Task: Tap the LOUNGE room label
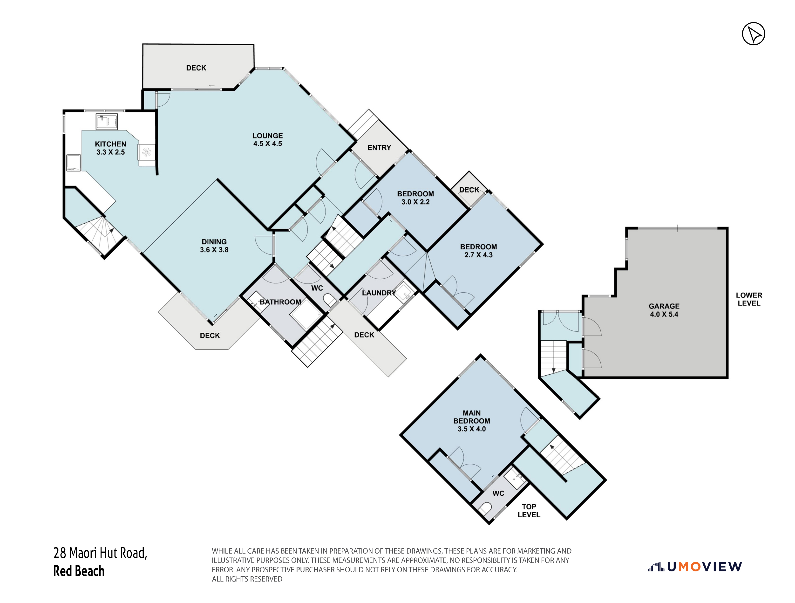pos(267,136)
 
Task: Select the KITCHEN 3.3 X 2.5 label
pos(110,148)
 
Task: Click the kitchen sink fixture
pos(107,122)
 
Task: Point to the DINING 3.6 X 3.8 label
pos(214,246)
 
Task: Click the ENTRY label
pos(379,147)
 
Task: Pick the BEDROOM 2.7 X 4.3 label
pos(478,251)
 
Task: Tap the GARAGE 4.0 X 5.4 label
pos(664,310)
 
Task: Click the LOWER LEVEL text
pos(749,299)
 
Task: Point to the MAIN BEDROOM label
pos(472,421)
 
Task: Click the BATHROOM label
pos(280,302)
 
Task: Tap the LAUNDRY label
pos(379,293)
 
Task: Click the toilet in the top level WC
pos(486,508)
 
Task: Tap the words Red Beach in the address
pos(79,571)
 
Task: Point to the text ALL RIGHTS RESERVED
pos(247,579)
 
